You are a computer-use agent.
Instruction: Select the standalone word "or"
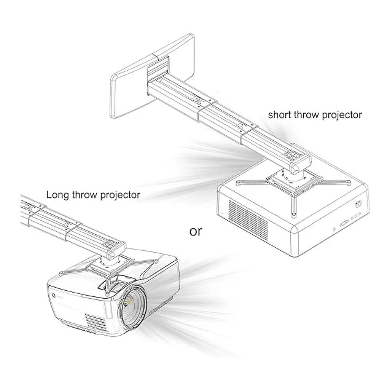pyautogui.click(x=196, y=231)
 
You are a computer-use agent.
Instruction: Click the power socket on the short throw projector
pyautogui.click(x=359, y=203)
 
